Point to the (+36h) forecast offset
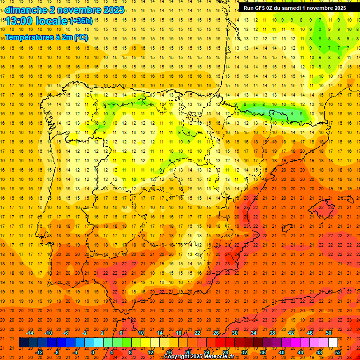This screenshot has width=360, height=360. point(81,21)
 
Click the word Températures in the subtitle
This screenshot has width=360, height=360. point(30,37)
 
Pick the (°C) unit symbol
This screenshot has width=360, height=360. point(81,37)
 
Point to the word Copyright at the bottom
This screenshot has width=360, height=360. point(177,357)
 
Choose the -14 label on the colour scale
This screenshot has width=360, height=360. point(30,333)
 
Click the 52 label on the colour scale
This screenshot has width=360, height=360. point(338,352)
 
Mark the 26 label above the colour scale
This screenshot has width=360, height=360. point(216,333)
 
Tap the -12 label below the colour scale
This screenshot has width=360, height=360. point(39,352)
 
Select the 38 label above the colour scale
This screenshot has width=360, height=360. point(272,333)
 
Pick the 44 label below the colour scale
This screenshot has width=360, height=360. point(300,352)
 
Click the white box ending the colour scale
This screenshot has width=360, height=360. point(333,343)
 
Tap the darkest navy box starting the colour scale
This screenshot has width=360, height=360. point(23,343)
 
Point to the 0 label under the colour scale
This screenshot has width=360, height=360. point(93,352)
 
